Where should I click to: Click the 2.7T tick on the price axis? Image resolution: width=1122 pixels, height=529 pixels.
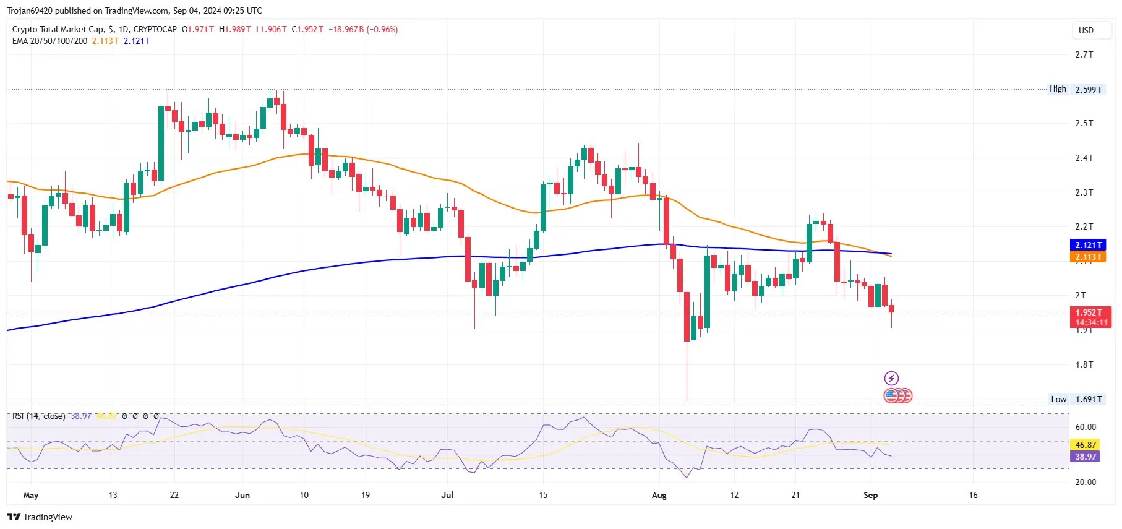(1084, 54)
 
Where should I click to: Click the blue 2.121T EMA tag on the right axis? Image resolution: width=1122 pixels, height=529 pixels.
(1088, 245)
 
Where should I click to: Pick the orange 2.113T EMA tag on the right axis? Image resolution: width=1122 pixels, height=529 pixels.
(1088, 257)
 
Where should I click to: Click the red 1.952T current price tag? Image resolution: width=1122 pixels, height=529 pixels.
(1090, 313)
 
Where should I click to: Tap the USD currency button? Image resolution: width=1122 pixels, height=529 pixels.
(1086, 30)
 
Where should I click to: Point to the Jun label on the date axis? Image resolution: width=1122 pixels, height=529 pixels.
(242, 495)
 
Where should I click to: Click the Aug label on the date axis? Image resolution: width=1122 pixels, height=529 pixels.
(659, 495)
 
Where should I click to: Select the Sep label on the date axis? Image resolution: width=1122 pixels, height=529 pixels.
(870, 495)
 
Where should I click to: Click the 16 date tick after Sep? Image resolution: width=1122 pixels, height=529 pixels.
(973, 495)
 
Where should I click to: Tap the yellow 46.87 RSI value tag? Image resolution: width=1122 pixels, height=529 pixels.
(1086, 445)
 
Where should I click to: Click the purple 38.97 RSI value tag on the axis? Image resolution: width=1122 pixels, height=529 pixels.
(1086, 457)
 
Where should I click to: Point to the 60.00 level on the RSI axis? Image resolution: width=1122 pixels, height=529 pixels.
(1086, 427)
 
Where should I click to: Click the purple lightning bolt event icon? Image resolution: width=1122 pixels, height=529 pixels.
(891, 378)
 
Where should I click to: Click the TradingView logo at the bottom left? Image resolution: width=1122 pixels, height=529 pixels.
(40, 517)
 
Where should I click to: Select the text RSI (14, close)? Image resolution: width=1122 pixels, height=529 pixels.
(38, 416)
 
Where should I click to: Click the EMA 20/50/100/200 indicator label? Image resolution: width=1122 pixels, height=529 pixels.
(49, 41)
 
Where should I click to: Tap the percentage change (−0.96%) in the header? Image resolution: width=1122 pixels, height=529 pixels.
(382, 29)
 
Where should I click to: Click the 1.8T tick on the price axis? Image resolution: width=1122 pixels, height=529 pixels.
(1084, 364)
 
